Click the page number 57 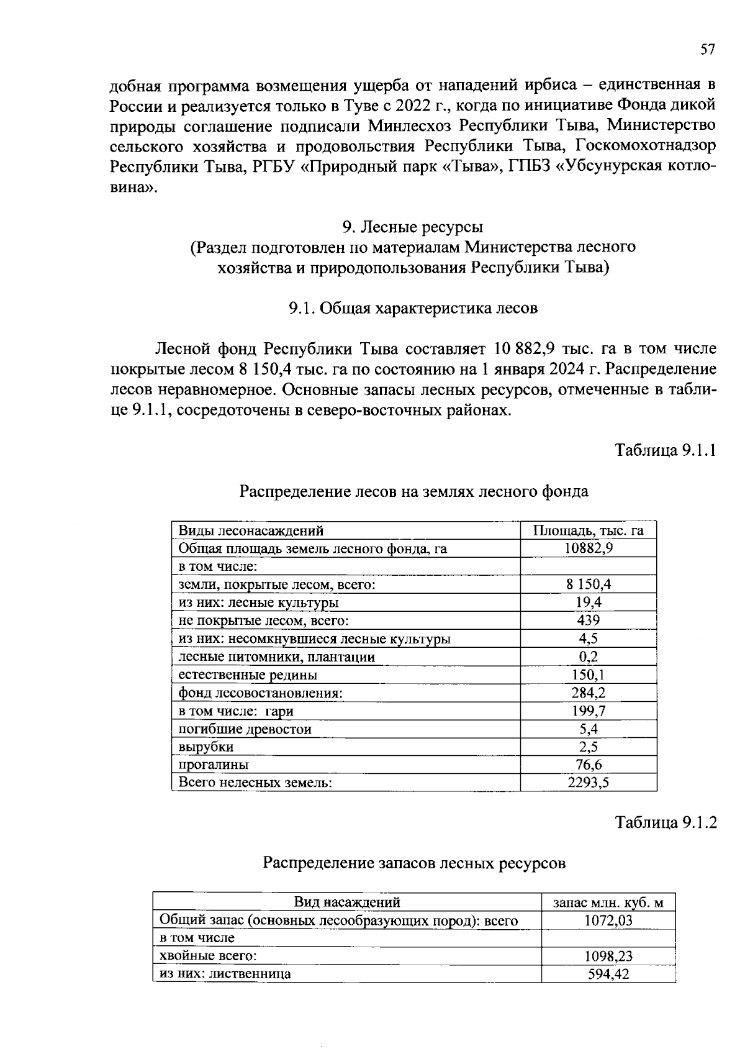click(x=708, y=50)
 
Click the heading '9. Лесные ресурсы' click(x=413, y=226)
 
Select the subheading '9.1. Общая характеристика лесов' click(x=413, y=309)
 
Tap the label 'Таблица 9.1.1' click(x=666, y=450)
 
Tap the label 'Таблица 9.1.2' click(x=666, y=823)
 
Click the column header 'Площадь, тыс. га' click(x=588, y=530)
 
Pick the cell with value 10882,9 click(x=588, y=548)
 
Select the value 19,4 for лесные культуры click(x=588, y=602)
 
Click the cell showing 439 click(x=588, y=620)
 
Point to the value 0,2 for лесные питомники click(x=588, y=656)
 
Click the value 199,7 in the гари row click(x=588, y=711)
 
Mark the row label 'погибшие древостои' click(x=245, y=729)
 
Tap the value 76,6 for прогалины click(x=588, y=765)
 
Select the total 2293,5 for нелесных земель click(x=588, y=783)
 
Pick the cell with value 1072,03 click(x=608, y=920)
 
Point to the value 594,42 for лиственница click(x=608, y=974)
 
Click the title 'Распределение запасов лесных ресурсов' click(x=414, y=863)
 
